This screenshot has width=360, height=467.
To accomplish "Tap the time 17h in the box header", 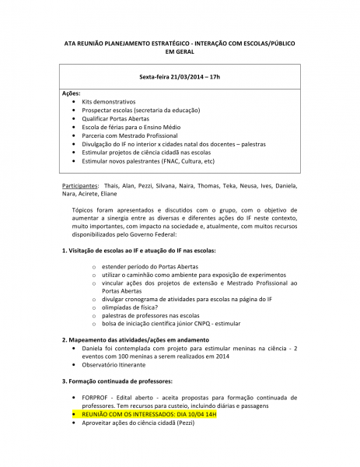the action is pyautogui.click(x=215, y=78).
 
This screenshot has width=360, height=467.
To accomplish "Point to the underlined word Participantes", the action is pyautogui.click(x=80, y=187).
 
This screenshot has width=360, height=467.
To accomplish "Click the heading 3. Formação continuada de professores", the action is pyautogui.click(x=117, y=381).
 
